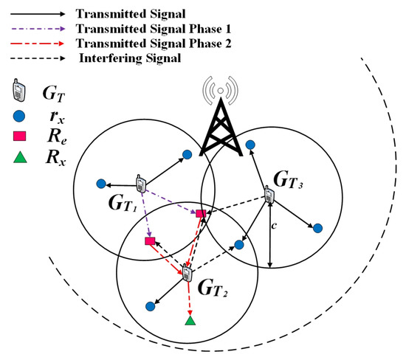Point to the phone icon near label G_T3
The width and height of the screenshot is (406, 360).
270,196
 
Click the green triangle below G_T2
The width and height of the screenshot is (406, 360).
190,321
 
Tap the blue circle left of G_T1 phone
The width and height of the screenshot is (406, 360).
100,184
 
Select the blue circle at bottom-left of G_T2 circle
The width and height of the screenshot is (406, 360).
150,305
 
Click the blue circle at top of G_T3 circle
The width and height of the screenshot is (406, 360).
251,144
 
